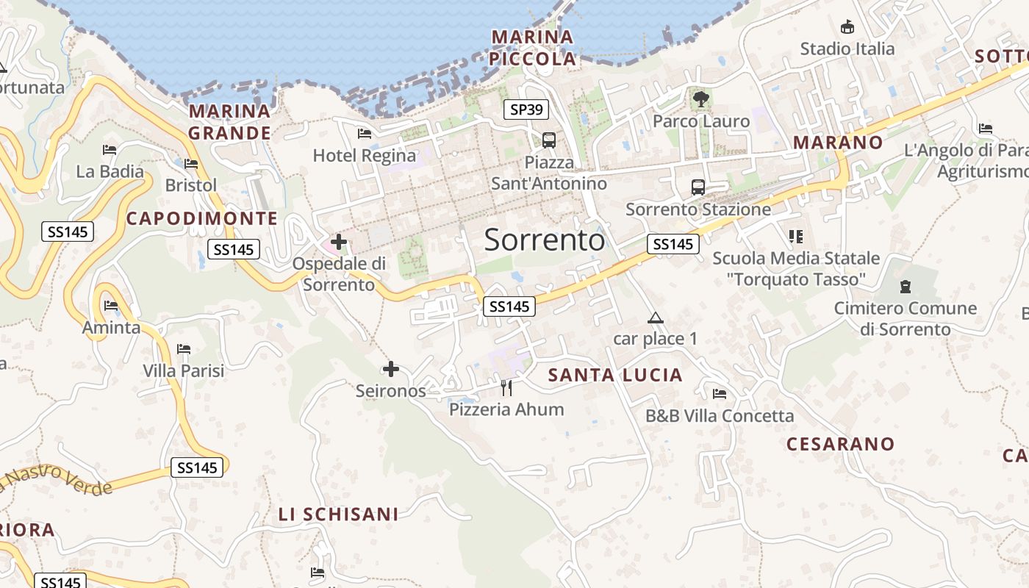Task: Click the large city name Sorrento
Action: pyautogui.click(x=545, y=240)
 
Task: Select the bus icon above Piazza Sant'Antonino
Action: pyautogui.click(x=548, y=140)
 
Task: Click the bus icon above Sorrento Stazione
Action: pyautogui.click(x=698, y=187)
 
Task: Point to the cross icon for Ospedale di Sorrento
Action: pyautogui.click(x=339, y=241)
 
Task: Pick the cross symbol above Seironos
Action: pyautogui.click(x=391, y=369)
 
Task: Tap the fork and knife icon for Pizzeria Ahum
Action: pyautogui.click(x=506, y=387)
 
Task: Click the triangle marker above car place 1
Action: pyautogui.click(x=655, y=318)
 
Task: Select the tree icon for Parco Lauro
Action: pyautogui.click(x=700, y=98)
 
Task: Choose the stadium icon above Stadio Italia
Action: pyautogui.click(x=847, y=27)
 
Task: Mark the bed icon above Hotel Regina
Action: pyautogui.click(x=364, y=134)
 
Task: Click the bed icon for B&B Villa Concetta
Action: pyautogui.click(x=720, y=394)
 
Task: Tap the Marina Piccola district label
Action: pyautogui.click(x=533, y=48)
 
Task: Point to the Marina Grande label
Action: pyautogui.click(x=229, y=122)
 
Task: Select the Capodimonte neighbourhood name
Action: pyautogui.click(x=202, y=218)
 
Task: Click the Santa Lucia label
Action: pyautogui.click(x=615, y=376)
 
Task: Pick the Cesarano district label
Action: pyautogui.click(x=840, y=444)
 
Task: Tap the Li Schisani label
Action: pyautogui.click(x=338, y=514)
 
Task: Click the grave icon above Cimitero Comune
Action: pyautogui.click(x=906, y=287)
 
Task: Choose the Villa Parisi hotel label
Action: pyautogui.click(x=184, y=370)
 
